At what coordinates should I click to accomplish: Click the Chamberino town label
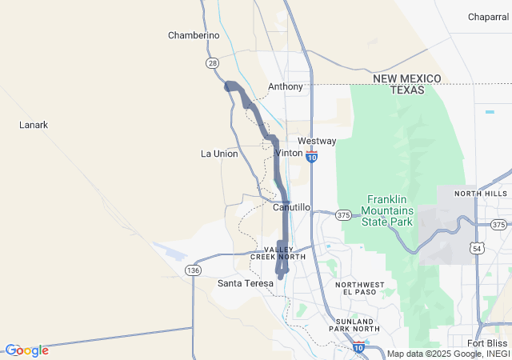(x=194, y=35)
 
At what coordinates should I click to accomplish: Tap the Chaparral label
(x=488, y=16)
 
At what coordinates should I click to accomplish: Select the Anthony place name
(x=286, y=86)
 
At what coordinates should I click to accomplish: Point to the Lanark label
(x=34, y=125)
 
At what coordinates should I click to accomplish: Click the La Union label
(x=219, y=154)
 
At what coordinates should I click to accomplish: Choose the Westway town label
(x=317, y=141)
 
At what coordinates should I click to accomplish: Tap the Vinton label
(x=289, y=153)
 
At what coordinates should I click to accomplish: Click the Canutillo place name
(x=291, y=207)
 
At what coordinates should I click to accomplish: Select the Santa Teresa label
(x=246, y=283)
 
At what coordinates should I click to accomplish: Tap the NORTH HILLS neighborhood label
(x=481, y=194)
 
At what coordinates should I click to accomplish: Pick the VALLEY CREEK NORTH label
(x=278, y=253)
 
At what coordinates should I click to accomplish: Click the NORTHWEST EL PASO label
(x=359, y=289)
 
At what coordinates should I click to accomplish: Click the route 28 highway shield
(x=212, y=62)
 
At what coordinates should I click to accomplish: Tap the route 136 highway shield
(x=193, y=270)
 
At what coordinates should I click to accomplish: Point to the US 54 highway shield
(x=477, y=250)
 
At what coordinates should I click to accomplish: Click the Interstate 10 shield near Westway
(x=312, y=158)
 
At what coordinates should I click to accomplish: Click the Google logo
(x=27, y=350)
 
